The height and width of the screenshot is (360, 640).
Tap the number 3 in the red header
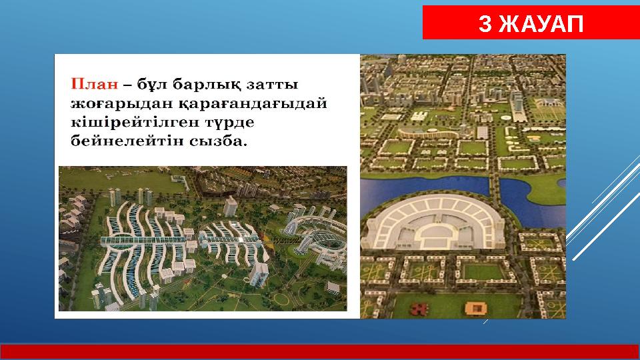[486, 25]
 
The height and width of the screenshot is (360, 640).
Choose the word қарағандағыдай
[251, 104]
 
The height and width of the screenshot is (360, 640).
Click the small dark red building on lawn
[419, 308]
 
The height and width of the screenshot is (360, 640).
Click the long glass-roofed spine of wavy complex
[143, 238]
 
